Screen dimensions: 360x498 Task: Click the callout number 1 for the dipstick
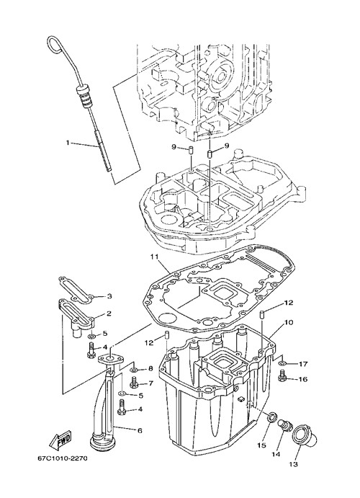tap(67, 143)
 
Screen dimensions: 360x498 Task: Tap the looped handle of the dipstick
tap(54, 43)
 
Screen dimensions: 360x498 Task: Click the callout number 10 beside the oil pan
tap(289, 322)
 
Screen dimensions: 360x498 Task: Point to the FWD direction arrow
tap(60, 439)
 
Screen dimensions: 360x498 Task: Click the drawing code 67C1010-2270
tap(63, 458)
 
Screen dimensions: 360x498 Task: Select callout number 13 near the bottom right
tap(294, 464)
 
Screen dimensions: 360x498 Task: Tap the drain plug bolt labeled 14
tap(284, 426)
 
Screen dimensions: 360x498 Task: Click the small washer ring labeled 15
tap(272, 417)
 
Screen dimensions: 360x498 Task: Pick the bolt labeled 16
tap(282, 376)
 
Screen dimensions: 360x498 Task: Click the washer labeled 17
tap(283, 363)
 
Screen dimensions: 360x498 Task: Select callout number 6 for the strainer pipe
tap(140, 431)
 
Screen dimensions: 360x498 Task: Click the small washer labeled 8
tap(133, 370)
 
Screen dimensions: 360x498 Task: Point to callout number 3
tap(109, 296)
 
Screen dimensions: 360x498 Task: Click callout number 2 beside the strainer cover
tap(109, 314)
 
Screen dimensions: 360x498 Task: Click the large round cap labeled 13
tap(304, 437)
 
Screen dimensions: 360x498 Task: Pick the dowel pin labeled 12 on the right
tap(263, 316)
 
